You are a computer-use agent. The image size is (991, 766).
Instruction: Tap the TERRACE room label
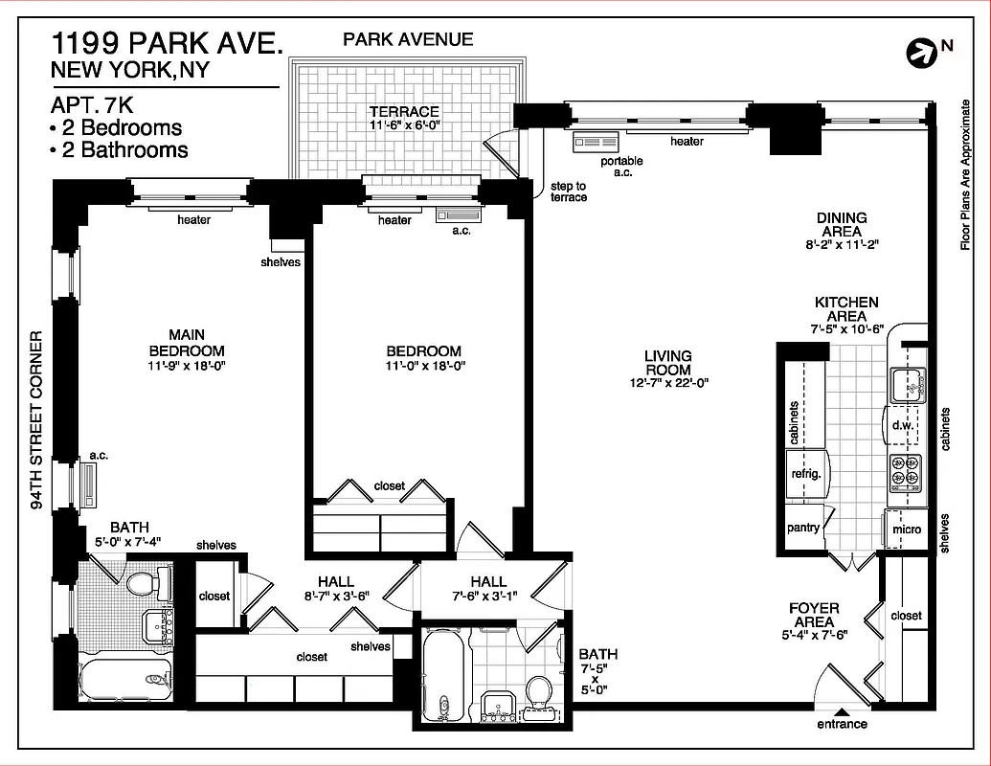click(405, 112)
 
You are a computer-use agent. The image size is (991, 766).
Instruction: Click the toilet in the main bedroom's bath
click(145, 583)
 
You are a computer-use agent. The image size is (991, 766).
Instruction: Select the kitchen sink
click(906, 385)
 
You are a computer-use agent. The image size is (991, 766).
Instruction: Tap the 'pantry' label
click(802, 528)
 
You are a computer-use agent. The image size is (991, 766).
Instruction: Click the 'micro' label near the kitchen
click(906, 529)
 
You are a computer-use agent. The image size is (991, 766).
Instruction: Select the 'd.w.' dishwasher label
click(901, 425)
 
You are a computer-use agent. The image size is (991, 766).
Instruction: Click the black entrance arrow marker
click(841, 711)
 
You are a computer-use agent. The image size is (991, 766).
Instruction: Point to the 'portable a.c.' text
click(621, 167)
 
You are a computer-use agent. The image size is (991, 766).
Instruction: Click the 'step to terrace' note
click(569, 191)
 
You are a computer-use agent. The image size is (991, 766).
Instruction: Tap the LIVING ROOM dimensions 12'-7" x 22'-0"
click(667, 383)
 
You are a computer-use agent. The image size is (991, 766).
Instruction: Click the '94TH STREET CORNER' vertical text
click(36, 421)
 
